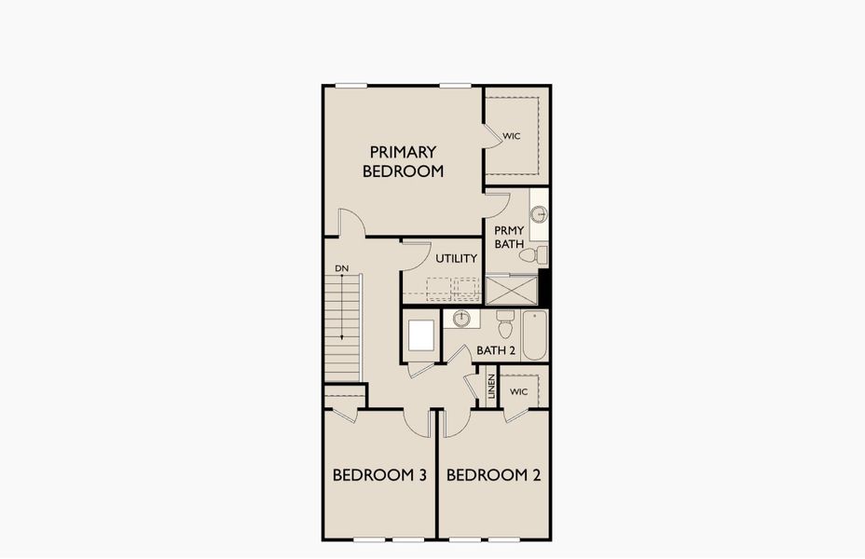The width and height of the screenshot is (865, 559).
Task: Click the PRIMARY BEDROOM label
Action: point(403,161)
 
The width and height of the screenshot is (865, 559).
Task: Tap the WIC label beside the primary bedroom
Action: point(511,136)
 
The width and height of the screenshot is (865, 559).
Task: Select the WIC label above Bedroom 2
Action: point(519,391)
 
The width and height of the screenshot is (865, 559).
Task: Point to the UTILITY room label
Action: point(457,258)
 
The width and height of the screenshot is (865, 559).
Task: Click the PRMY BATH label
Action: point(509,237)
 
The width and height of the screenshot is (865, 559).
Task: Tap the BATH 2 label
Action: point(496,350)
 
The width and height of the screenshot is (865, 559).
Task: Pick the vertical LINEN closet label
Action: point(491,388)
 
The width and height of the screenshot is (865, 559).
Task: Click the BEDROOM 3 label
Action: point(379,475)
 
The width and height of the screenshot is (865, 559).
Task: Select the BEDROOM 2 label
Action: point(493,475)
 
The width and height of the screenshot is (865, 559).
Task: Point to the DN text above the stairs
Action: point(342,269)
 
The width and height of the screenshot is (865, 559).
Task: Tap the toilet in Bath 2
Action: point(505,324)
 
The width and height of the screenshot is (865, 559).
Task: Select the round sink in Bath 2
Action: point(460,319)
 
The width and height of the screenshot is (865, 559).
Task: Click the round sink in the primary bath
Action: point(539,214)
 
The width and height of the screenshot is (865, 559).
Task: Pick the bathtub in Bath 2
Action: point(534,335)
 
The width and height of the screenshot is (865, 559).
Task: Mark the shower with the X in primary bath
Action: point(511,289)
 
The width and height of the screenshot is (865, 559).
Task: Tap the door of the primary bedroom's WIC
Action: point(492,137)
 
